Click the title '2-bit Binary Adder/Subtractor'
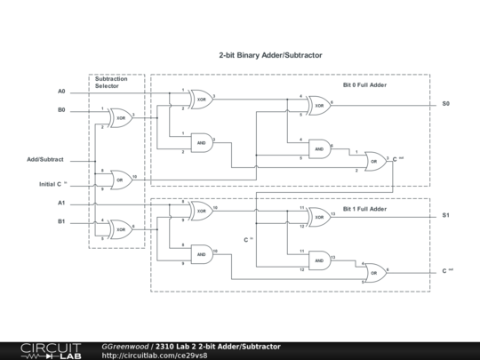point(270,55)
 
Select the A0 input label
point(61,92)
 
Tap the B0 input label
point(61,111)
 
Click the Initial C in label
point(53,184)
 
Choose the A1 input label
point(61,204)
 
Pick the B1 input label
point(61,221)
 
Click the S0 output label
point(446,104)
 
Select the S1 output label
point(446,216)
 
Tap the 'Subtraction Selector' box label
point(114,83)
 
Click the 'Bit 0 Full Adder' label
point(365,86)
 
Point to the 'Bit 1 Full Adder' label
point(365,208)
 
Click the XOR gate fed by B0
point(120,117)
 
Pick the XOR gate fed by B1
point(120,228)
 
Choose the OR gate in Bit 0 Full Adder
point(374,161)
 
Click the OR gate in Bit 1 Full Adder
point(374,271)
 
